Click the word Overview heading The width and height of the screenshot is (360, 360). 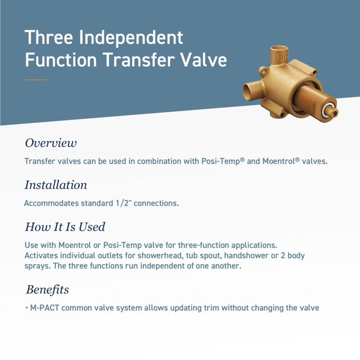(x=51, y=143)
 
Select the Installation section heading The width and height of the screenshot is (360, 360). (x=56, y=185)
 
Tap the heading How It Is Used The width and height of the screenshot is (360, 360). (x=65, y=227)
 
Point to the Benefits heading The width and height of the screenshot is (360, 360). (x=48, y=290)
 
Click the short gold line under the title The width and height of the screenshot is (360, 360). (x=36, y=80)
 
